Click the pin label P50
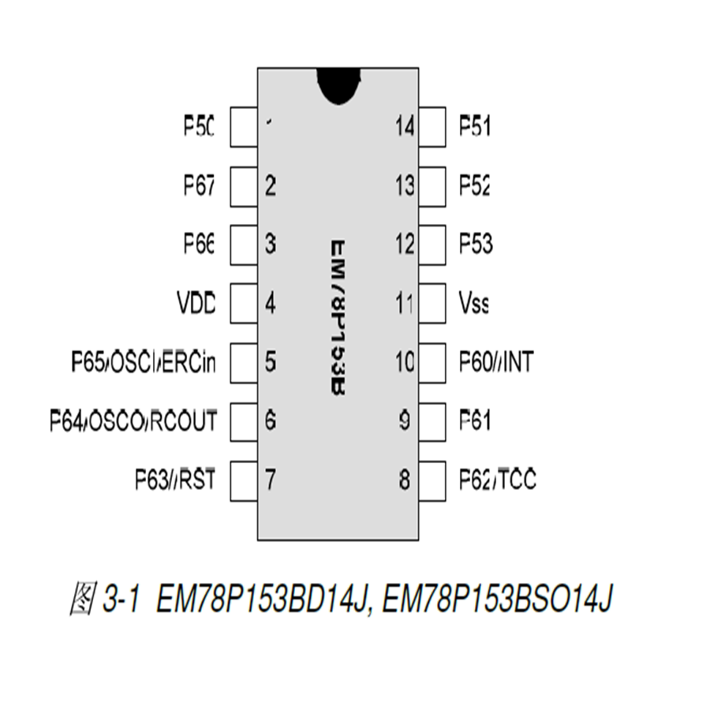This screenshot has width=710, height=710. click(x=200, y=126)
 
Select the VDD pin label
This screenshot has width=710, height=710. click(x=196, y=303)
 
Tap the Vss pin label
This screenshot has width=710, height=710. click(x=474, y=303)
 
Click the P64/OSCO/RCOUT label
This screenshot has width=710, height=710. click(x=133, y=421)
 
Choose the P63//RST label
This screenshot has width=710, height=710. click(x=175, y=480)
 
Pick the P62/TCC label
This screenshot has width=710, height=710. click(x=498, y=480)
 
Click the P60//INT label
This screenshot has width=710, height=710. click(x=496, y=362)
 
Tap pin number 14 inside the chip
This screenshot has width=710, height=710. click(x=404, y=126)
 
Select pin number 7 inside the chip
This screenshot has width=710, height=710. click(x=271, y=480)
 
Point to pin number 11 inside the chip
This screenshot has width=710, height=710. click(x=404, y=303)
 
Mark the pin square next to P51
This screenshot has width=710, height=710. click(x=432, y=126)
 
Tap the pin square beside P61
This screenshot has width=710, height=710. click(x=432, y=421)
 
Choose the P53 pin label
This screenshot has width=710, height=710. click(x=476, y=245)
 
